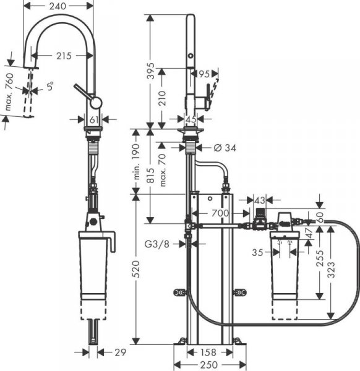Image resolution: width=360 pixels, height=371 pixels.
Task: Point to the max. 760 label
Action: point(9,94)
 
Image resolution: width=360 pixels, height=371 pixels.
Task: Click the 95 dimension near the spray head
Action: point(204,74)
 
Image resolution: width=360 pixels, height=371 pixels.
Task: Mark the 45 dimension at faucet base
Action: point(191,119)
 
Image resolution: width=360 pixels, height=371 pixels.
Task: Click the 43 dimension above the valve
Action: point(259,200)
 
